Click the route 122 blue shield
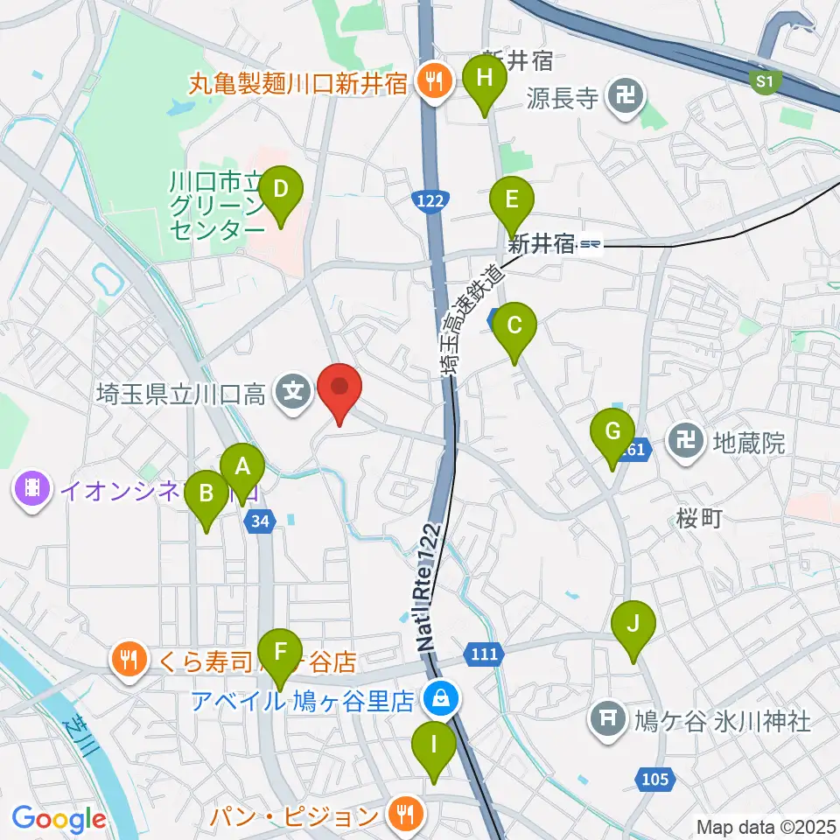429,202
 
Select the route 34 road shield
262,521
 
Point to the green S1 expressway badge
766,81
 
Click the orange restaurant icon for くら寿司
129,659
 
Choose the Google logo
59,819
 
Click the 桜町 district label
699,519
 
